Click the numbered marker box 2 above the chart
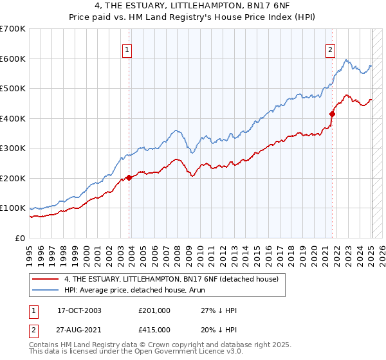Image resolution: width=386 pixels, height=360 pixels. pyautogui.click(x=330, y=50)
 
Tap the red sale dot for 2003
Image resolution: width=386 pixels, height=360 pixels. pyautogui.click(x=129, y=177)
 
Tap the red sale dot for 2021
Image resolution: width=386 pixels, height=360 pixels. pyautogui.click(x=333, y=114)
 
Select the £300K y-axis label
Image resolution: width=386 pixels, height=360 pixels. pyautogui.click(x=13, y=148)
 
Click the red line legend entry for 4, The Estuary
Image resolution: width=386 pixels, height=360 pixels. pyautogui.click(x=171, y=279)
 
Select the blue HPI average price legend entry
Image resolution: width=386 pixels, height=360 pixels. pyautogui.click(x=152, y=291)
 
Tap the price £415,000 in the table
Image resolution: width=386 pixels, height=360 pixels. pyautogui.click(x=154, y=329)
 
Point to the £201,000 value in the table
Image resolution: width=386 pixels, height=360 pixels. pyautogui.click(x=154, y=310)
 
